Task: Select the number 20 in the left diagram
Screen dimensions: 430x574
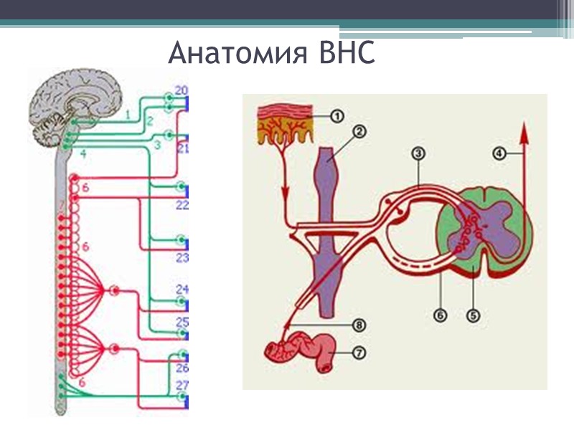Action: [182, 91]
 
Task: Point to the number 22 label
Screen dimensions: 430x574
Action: [182, 205]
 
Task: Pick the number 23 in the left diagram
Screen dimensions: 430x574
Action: [182, 258]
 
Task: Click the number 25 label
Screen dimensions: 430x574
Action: [182, 322]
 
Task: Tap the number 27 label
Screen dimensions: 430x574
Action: [182, 386]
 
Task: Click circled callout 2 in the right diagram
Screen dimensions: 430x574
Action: [359, 133]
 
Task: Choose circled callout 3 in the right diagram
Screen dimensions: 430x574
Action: [420, 153]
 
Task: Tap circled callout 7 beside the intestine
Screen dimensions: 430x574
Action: [359, 353]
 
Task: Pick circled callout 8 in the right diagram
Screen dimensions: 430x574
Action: [359, 325]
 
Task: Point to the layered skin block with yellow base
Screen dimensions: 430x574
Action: [285, 122]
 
